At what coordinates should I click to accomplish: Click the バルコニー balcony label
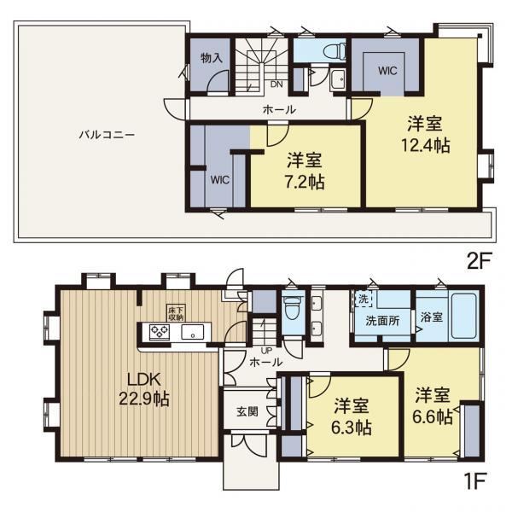pos(108,135)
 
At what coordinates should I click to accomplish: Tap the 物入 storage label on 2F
pos(212,58)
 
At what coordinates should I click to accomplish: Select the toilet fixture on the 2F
pos(335,51)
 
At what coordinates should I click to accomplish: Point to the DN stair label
pos(276,84)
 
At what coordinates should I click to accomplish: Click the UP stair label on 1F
pos(266,352)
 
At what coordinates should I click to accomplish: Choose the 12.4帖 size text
pos(426,145)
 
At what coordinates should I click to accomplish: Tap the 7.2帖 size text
pos(305,182)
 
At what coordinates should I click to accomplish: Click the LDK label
pos(143,380)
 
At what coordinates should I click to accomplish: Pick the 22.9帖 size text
pos(144,399)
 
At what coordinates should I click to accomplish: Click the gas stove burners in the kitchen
pos(160,332)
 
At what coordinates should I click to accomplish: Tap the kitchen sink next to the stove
pos(192,332)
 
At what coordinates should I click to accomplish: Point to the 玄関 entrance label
pos(247,412)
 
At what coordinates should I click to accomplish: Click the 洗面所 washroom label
pos(382,321)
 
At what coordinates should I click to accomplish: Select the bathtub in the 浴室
pos(463,317)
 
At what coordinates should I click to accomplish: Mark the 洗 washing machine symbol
pos(364,299)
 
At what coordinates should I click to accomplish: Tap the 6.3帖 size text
pos(352,428)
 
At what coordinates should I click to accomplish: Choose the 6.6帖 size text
pos(433,416)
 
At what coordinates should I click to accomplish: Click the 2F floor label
pos(479,261)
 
